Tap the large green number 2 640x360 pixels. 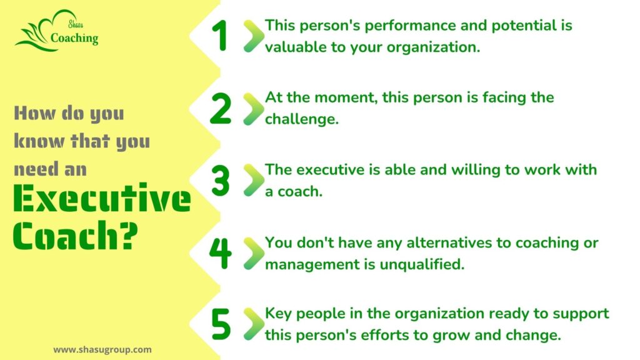coord(221,108)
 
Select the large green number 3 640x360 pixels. coord(221,181)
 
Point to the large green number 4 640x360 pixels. coord(221,254)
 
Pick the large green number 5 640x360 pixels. coord(221,324)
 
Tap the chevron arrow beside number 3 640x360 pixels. coord(254,181)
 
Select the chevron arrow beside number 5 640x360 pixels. coord(254,324)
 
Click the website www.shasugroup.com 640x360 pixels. coord(102,350)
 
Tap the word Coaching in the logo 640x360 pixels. coord(74,38)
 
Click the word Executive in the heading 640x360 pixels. coord(102,198)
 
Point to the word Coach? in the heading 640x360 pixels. coord(75,235)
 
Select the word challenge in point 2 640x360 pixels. coord(302,119)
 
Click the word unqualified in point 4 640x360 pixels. coord(422,264)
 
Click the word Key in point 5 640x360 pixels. coord(278,314)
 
